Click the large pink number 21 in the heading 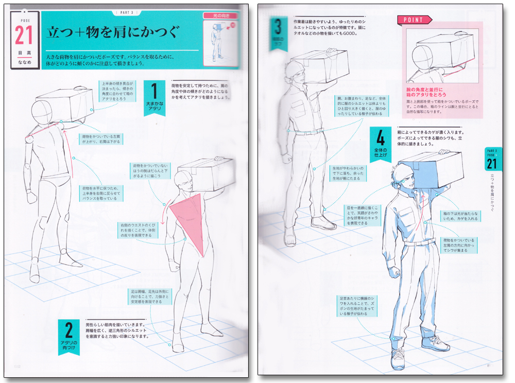[x=24, y=35]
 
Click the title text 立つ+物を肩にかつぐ [x=112, y=32]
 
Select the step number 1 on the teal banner [x=153, y=92]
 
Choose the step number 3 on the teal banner [x=278, y=26]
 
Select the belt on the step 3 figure [x=308, y=133]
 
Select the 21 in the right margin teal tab [x=492, y=164]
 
